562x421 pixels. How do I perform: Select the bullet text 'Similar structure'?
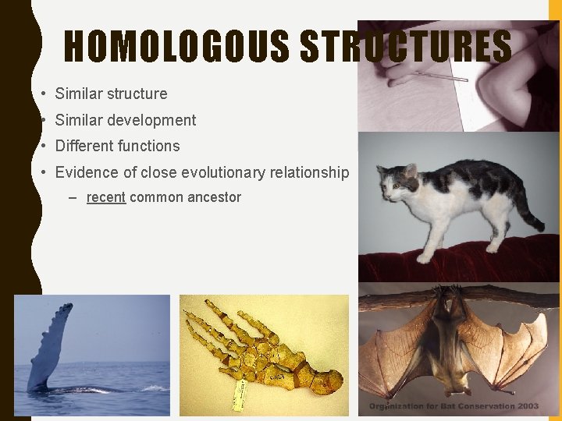coord(111,94)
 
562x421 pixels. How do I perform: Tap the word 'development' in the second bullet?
coord(153,120)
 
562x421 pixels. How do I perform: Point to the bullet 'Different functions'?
coord(117,146)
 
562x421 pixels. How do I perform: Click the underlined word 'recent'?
coord(105,197)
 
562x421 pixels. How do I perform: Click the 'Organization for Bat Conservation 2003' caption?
coord(454,406)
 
